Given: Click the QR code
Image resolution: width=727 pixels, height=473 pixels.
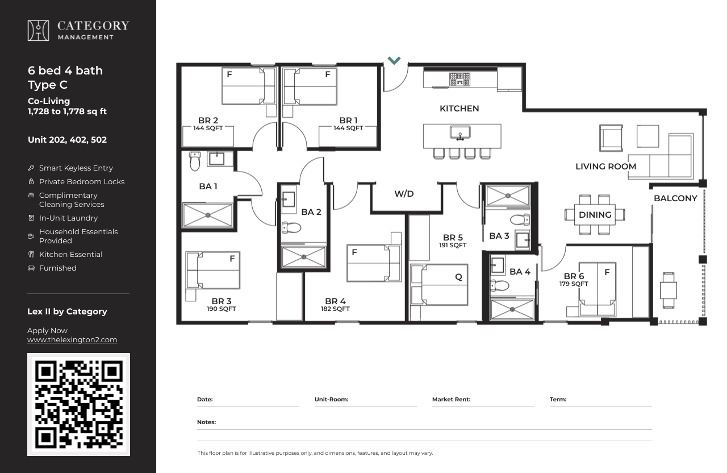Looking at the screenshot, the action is [x=78, y=404].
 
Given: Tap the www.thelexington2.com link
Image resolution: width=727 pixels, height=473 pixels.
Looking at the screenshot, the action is [x=72, y=340].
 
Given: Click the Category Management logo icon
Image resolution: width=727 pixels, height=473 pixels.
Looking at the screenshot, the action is [x=38, y=31].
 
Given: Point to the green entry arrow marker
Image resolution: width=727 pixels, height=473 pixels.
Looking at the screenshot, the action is [x=394, y=60].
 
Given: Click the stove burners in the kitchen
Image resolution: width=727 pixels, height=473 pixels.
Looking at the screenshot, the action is [x=459, y=79].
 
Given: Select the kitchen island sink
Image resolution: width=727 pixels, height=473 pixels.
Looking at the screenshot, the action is [x=460, y=133].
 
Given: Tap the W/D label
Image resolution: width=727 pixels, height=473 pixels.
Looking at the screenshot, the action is [x=404, y=194].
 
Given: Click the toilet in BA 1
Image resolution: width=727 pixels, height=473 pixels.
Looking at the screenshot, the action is [x=195, y=161].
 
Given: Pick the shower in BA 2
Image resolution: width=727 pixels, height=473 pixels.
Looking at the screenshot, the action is [x=304, y=257].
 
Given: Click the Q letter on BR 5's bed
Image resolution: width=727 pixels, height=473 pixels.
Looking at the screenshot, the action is [x=458, y=277].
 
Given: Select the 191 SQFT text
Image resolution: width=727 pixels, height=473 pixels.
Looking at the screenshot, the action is [x=453, y=245].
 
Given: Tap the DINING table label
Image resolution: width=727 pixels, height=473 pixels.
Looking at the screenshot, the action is [x=595, y=215].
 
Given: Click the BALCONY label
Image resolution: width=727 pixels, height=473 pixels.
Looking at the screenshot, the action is [x=675, y=198].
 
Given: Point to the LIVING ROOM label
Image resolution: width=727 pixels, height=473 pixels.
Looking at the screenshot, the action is [x=605, y=167].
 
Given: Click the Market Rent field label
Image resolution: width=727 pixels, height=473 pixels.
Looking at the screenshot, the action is [x=451, y=400].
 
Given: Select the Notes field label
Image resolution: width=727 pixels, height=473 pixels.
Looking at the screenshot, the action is [x=206, y=422].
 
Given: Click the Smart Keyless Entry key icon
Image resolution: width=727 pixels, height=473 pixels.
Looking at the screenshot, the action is [x=31, y=168].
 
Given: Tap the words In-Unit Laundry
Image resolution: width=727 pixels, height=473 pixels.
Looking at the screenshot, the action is [x=69, y=218].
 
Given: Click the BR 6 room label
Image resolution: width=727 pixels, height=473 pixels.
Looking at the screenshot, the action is [x=574, y=276].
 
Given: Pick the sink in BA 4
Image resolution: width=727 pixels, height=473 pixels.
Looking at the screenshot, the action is [x=498, y=265].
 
